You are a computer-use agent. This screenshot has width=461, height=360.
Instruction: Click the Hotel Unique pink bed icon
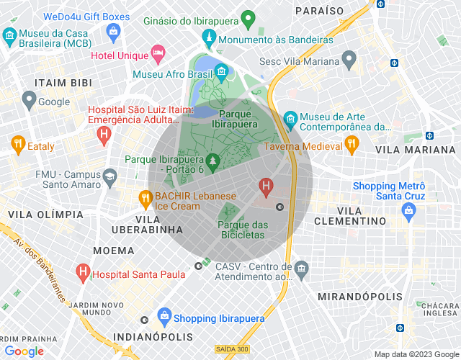(158, 53)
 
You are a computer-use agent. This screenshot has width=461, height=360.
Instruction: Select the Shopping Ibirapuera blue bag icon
(165, 316)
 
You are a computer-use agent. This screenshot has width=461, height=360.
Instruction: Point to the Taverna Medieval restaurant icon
(352, 145)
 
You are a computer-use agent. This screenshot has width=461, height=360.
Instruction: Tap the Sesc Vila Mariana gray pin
(349, 58)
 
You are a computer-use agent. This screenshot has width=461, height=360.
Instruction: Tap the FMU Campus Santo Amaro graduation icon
(109, 176)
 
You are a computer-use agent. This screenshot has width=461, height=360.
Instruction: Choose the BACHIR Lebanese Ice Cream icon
(145, 197)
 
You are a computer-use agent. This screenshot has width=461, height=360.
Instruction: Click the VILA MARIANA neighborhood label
(416, 150)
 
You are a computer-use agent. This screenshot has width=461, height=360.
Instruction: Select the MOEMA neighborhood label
(113, 251)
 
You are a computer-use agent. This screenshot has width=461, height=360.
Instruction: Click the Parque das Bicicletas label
(242, 230)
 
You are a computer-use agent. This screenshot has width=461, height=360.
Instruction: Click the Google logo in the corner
(24, 351)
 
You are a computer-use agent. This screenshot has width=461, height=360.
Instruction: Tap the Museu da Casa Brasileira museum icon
(10, 35)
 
